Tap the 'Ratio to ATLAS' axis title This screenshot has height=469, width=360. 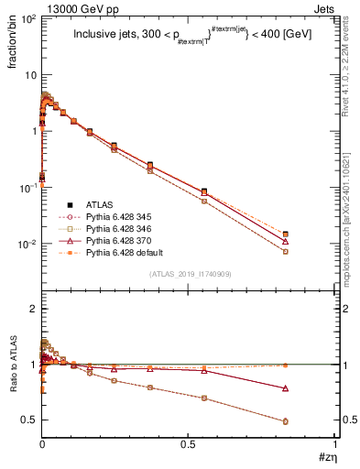point(12,365)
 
